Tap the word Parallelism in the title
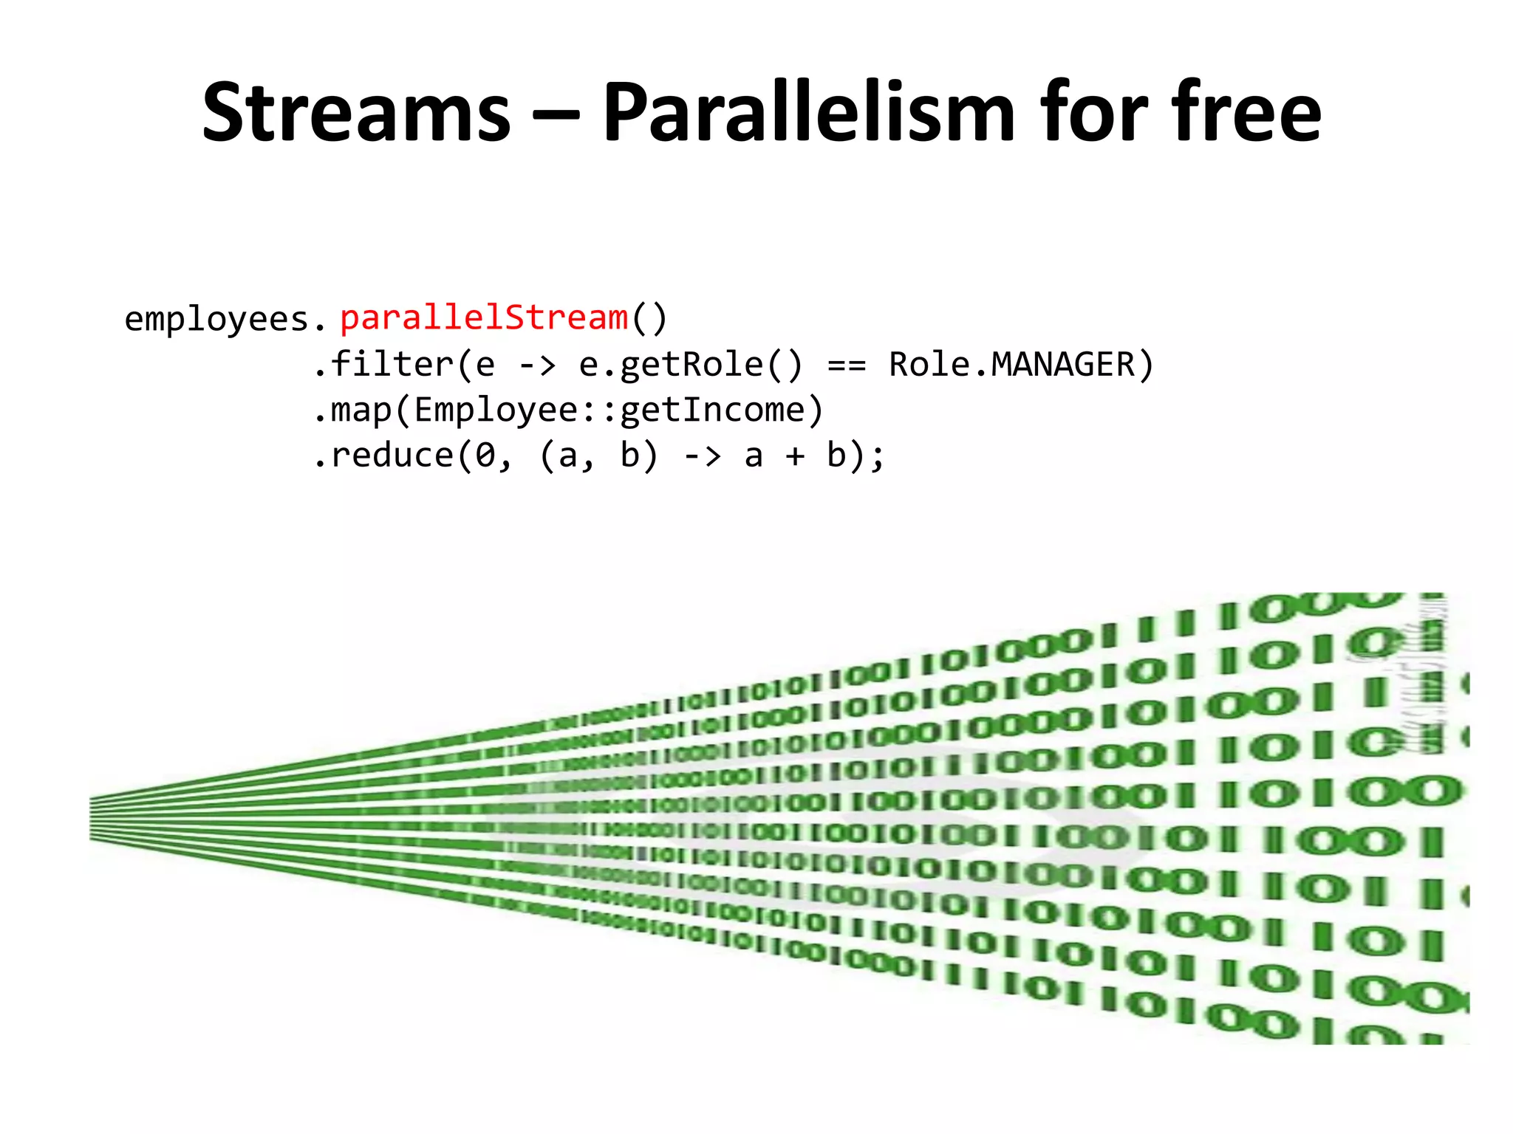[808, 113]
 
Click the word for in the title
[1090, 113]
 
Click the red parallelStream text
[484, 318]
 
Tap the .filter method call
[383, 365]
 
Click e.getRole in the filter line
[670, 365]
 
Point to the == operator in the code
[847, 365]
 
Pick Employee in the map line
[496, 410]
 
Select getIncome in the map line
[712, 410]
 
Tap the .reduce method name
[383, 456]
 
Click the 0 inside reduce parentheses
[485, 456]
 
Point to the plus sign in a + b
[795, 456]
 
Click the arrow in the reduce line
[702, 456]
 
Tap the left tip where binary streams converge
[93, 818]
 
